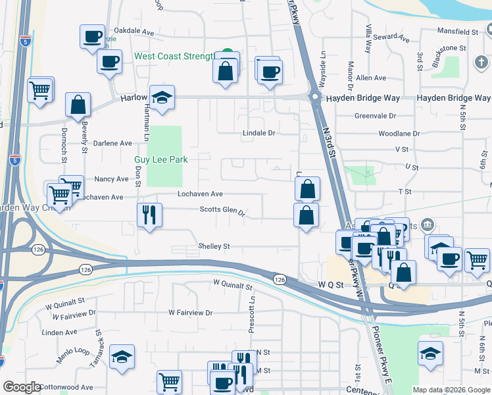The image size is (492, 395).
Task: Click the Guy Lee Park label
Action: point(161,159)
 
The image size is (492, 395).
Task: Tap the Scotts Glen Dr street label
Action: point(222,212)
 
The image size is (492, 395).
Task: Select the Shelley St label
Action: point(214,246)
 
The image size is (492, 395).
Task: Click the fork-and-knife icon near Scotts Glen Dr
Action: point(149,215)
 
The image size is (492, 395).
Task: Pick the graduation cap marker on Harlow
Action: point(162,97)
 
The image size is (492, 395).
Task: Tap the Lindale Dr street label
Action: point(258,132)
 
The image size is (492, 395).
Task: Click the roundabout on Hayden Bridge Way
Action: point(315,98)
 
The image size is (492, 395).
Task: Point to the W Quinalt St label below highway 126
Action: point(232,286)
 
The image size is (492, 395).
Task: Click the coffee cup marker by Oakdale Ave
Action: point(93,36)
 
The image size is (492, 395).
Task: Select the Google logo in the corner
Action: point(22,387)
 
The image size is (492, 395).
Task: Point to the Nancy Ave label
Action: point(111,178)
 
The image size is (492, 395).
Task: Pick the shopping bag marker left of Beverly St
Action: point(78,105)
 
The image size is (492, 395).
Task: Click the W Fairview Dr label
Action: point(191,313)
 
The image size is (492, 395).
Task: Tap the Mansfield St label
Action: point(458,31)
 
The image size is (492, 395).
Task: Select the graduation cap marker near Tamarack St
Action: point(122,356)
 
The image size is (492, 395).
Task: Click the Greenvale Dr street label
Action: point(375,115)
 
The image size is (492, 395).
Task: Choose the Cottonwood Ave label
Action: point(66,388)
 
